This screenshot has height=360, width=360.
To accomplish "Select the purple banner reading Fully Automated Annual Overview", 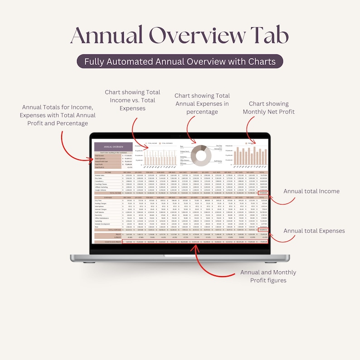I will click(180, 61).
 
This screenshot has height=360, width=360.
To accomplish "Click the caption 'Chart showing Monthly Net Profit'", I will click(268, 107).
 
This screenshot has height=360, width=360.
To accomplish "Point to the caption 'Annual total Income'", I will click(311, 191).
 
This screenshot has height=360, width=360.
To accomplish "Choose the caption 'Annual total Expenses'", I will click(314, 231).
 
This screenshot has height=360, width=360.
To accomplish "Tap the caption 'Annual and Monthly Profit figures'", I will click(268, 276).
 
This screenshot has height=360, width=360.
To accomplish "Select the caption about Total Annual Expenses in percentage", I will click(202, 104).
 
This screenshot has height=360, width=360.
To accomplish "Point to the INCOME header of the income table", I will click(107, 173).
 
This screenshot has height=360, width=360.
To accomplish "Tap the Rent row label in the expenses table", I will click(96, 227).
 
